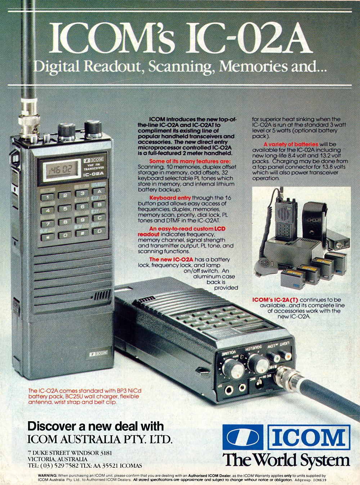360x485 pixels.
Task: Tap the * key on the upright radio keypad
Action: tap(47, 237)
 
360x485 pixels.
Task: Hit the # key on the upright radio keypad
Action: tap(82, 233)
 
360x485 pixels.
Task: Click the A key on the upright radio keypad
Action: tap(99, 192)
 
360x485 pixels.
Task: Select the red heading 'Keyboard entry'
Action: tap(170, 198)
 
